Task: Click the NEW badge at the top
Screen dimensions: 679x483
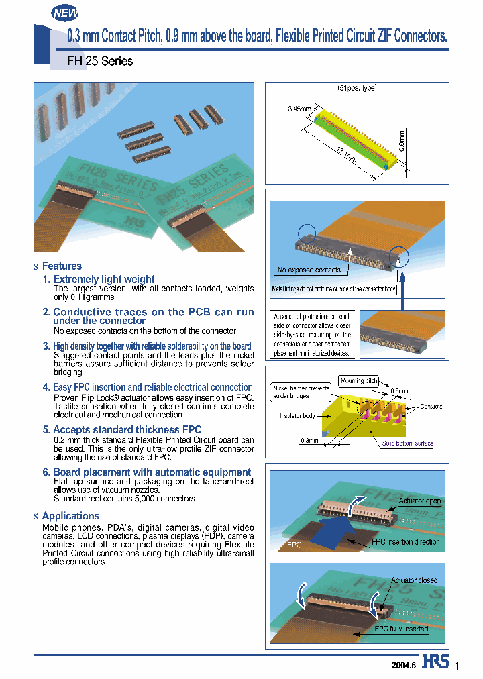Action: [65, 13]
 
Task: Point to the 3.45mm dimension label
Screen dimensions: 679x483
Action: [300, 108]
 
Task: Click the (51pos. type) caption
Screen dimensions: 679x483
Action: [356, 89]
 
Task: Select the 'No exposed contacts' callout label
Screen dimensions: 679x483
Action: [309, 270]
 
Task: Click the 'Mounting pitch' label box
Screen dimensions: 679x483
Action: [359, 380]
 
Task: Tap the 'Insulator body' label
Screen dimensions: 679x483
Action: [297, 416]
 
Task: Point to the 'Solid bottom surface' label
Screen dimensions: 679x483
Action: [408, 443]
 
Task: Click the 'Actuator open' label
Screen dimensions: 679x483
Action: [420, 501]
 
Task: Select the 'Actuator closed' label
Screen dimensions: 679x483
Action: [415, 580]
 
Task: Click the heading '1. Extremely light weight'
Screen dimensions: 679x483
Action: [98, 279]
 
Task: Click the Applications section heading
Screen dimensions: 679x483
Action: [70, 516]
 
